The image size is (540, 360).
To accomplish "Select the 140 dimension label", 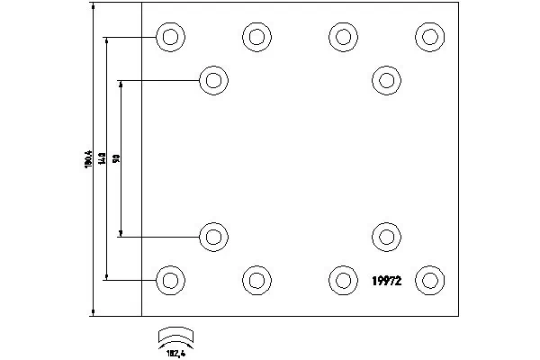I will pos(103,159).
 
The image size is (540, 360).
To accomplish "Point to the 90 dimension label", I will pos(117,159).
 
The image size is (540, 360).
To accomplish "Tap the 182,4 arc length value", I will pos(176,352).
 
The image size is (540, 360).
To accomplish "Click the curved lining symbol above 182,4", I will pos(176,334).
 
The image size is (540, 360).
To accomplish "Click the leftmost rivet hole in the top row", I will pos(169,37).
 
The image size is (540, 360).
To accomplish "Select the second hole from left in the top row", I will pos(256,37).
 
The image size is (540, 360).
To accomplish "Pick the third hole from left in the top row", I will pos(342,37).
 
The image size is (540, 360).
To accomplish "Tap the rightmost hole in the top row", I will pos(428,37).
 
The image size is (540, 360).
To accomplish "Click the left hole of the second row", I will pos(212,81).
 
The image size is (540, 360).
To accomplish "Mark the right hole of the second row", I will pos(385,81).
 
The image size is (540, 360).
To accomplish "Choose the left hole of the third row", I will pos(212,238).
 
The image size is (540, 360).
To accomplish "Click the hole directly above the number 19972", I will pos(385,238).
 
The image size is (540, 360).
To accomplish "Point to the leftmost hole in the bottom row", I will pos(169,280).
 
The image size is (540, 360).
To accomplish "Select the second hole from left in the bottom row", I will pos(256,280).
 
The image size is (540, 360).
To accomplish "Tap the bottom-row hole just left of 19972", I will pos(342,280).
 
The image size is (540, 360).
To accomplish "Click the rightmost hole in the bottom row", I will pos(428,280).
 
